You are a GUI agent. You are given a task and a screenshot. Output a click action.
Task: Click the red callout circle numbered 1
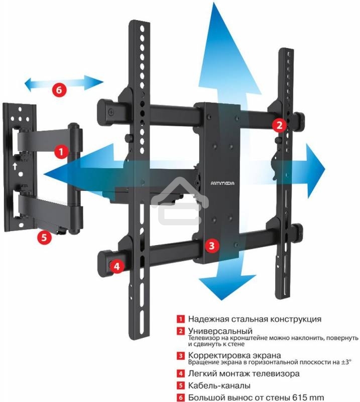[61, 152]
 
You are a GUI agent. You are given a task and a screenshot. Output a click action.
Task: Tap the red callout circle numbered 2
[279, 125]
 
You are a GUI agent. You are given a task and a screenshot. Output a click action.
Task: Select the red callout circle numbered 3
[212, 246]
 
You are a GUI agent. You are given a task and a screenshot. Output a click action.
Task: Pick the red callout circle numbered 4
[117, 266]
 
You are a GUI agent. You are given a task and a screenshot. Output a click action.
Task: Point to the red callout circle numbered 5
[44, 237]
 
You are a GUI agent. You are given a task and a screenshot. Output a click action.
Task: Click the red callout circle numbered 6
[59, 90]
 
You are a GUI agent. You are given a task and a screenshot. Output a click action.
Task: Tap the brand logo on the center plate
[222, 183]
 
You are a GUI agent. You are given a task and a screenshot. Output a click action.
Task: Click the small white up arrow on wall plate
[15, 166]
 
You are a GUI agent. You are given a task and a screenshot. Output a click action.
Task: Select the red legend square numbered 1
[181, 319]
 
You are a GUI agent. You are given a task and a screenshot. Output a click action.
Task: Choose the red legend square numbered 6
[181, 397]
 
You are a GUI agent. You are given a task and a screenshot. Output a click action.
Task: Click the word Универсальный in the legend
[220, 331]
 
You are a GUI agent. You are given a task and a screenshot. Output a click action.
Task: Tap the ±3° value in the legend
[346, 362]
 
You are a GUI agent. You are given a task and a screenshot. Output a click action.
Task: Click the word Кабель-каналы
[219, 385]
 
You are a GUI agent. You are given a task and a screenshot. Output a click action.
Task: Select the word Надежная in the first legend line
[208, 319]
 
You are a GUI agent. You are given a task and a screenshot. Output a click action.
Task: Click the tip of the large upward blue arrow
[213, 3]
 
